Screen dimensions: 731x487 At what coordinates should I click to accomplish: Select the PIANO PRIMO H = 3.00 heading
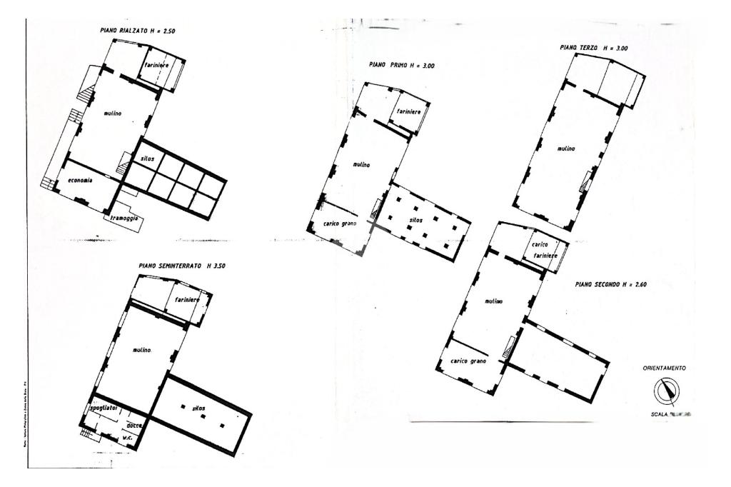[x=402, y=65]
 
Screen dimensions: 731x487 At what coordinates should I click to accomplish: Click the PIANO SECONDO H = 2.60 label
[x=611, y=283]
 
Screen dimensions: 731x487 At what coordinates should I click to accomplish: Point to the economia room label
[x=80, y=180]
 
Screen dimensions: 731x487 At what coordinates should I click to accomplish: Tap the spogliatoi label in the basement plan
[x=101, y=408]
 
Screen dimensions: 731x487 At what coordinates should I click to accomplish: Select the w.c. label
[x=128, y=437]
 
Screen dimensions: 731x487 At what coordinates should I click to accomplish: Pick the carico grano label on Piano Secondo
[x=469, y=361]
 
